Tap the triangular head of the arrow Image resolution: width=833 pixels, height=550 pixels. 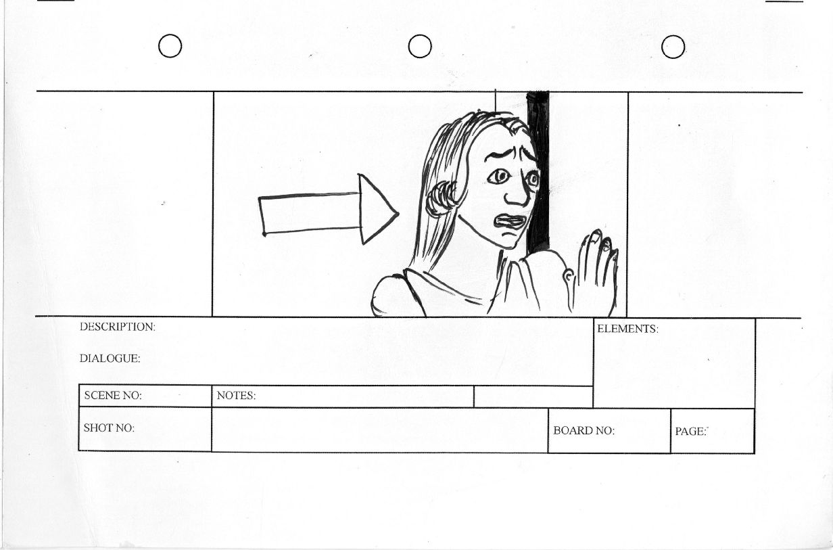pos(377,209)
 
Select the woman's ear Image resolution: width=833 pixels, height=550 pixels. pos(441,198)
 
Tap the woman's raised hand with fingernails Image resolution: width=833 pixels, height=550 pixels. pos(595,273)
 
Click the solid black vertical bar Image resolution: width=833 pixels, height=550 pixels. pos(538,173)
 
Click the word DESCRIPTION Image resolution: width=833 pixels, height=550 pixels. pos(117,327)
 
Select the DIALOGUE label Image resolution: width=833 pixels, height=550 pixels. pos(110,359)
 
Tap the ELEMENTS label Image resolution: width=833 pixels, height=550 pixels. pos(627,329)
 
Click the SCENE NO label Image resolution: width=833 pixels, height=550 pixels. pos(113,395)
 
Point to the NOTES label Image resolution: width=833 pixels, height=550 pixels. pos(236,395)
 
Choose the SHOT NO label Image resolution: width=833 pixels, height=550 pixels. pos(109,428)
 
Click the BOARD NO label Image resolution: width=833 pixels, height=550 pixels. pos(584,430)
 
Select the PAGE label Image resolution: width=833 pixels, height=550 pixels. pos(690,432)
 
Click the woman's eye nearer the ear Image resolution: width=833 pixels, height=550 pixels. pos(499,177)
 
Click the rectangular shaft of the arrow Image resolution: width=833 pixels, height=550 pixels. pos(310,214)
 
